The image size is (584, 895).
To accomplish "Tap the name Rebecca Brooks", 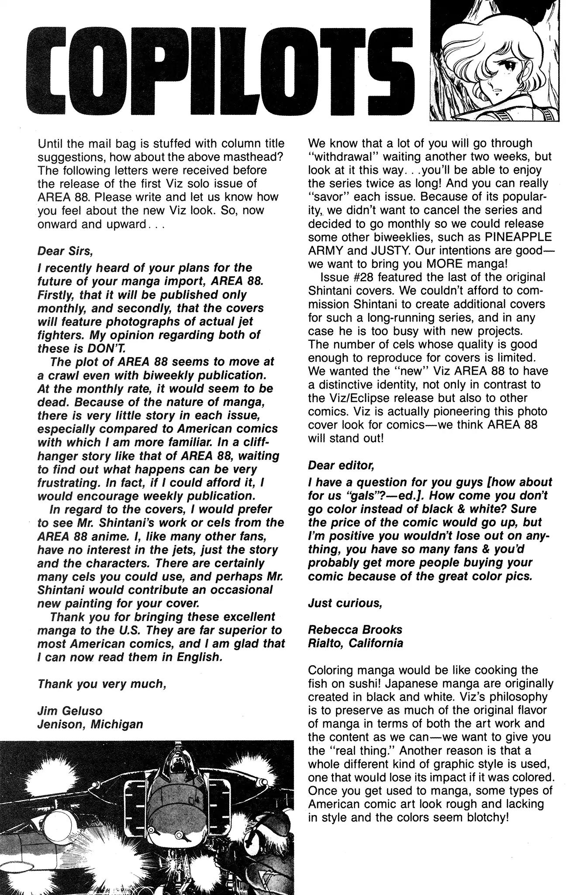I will click(x=355, y=630).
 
